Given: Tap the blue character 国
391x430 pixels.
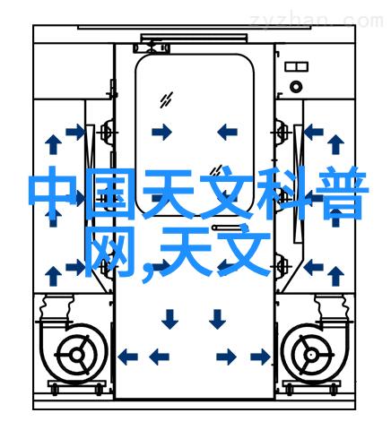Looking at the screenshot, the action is coord(110,193).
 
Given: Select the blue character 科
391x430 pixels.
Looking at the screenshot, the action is coord(282,193).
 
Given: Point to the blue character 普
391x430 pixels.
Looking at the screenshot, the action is coord(340,193).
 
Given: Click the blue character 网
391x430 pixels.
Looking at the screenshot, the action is coord(110,251).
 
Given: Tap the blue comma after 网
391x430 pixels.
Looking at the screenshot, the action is coord(147,271).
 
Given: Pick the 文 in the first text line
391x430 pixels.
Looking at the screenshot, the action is coord(226,193).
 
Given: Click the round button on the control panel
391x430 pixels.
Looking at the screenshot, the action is coord(296,87).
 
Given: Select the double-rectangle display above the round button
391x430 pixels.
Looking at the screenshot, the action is coord(296,66).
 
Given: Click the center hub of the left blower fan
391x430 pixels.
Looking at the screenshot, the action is coord(77,355).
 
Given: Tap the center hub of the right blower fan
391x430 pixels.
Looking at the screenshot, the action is coord(312,355).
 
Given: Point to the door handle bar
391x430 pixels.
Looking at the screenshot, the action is coord(226,228).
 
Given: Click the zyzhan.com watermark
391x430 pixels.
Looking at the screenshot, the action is coord(317,21).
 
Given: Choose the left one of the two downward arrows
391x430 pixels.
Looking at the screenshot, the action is coord(169,319).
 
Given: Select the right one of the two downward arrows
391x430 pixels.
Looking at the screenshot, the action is coord(217,319).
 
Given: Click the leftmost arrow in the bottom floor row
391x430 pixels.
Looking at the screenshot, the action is coord(128,357).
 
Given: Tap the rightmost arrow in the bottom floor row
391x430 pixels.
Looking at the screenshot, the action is coord(260,357).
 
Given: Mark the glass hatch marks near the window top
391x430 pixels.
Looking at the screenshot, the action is coord(166,100).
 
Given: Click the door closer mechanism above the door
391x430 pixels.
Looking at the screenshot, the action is coord(152,48).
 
